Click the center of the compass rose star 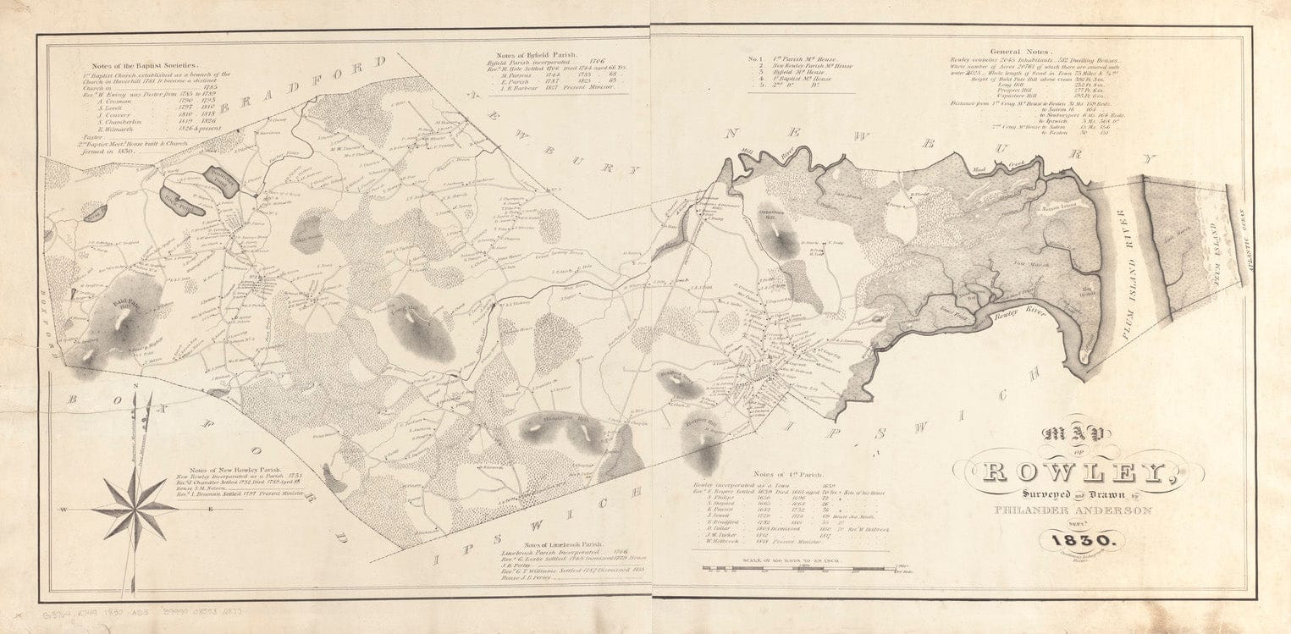[x=135, y=509]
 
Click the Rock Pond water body [x=181, y=202]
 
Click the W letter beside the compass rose [x=63, y=510]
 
